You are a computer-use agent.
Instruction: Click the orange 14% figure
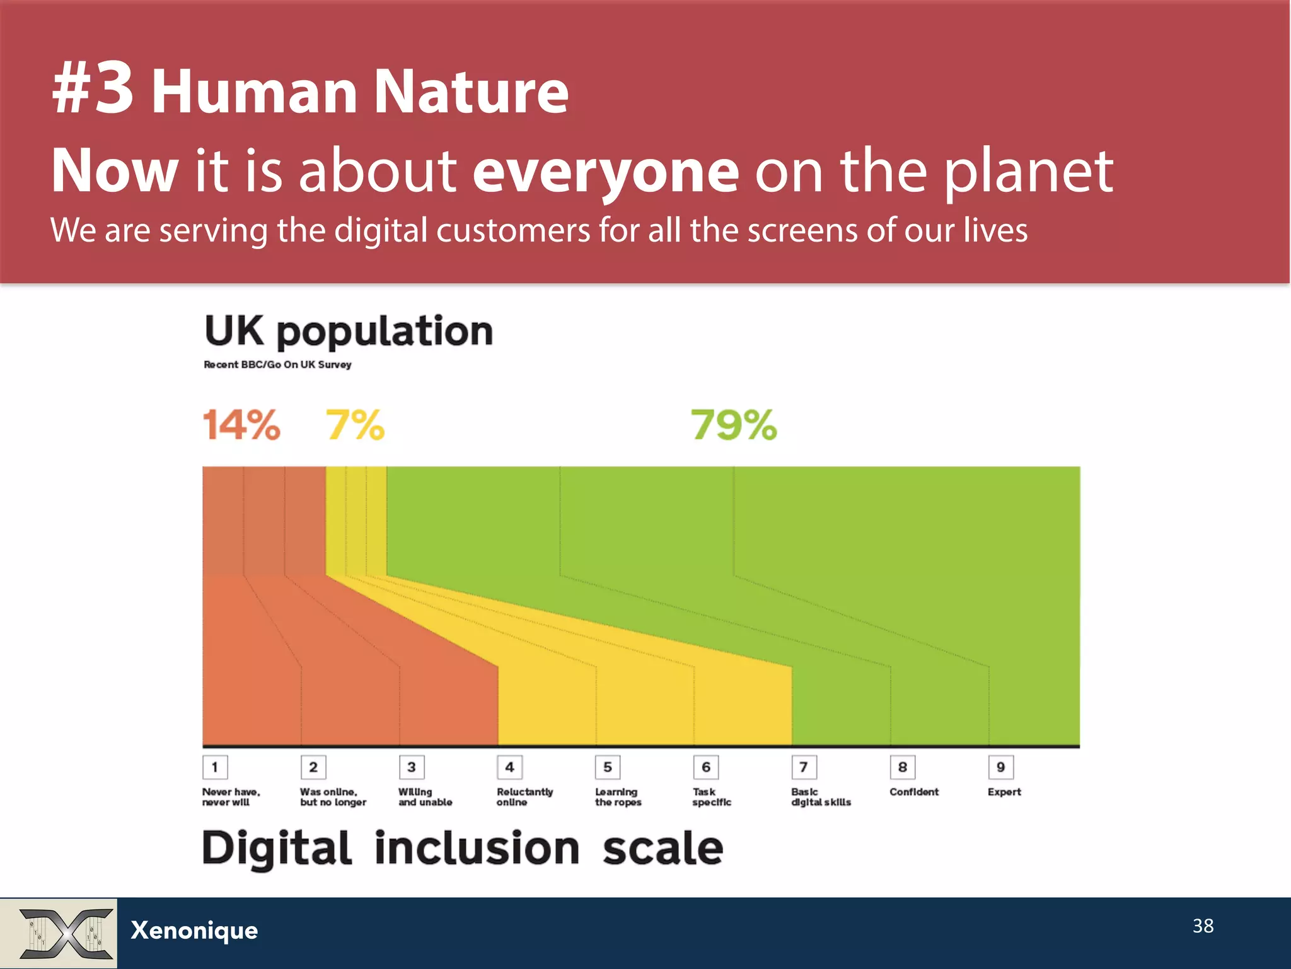point(241,425)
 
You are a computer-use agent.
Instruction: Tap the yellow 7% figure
point(355,425)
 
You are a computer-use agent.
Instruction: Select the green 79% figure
point(734,425)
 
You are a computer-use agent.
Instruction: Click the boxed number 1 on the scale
point(215,767)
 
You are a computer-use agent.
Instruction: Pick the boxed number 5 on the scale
point(608,767)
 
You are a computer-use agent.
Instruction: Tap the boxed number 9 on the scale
point(1000,767)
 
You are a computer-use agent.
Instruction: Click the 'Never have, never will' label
point(231,797)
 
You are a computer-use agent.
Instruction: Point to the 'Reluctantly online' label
point(524,797)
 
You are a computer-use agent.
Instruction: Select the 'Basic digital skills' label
point(821,797)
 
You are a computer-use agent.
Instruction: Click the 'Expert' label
point(1004,792)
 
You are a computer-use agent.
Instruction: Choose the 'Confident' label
point(914,792)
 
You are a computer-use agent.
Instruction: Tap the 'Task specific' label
point(712,797)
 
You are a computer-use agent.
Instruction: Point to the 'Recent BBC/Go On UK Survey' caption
point(277,365)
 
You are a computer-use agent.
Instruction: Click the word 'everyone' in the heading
point(606,170)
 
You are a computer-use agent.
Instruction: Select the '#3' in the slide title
point(93,90)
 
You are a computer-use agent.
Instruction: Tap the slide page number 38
point(1203,925)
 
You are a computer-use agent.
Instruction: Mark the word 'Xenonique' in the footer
point(194,931)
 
